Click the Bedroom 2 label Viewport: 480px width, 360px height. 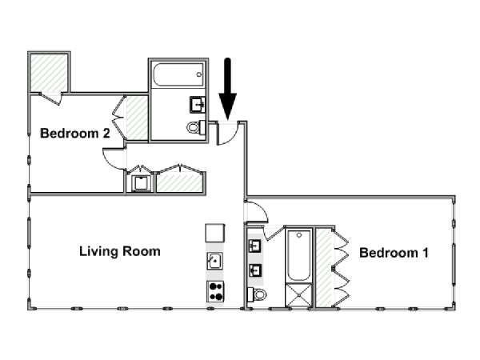(x=75, y=134)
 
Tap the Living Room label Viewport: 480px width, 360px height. (x=120, y=251)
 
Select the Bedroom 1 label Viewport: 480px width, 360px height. (x=394, y=253)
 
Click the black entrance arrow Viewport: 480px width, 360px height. (x=227, y=89)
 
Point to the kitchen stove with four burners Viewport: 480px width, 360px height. (x=215, y=291)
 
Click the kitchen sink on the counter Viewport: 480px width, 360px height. (x=215, y=261)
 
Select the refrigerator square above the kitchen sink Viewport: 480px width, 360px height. (x=215, y=234)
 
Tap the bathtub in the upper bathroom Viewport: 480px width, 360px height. (x=178, y=74)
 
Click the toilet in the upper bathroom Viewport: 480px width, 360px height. (x=196, y=127)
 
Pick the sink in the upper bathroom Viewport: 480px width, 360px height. (x=198, y=105)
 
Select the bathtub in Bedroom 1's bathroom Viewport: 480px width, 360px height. (x=298, y=256)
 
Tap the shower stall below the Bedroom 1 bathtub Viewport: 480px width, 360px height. (x=298, y=294)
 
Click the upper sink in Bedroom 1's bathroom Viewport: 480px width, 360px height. (x=254, y=246)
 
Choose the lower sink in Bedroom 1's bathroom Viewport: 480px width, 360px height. (x=254, y=270)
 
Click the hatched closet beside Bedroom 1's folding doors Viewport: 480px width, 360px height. (x=324, y=267)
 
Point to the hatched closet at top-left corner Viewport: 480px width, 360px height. (x=49, y=73)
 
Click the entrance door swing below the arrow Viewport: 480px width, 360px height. (x=228, y=133)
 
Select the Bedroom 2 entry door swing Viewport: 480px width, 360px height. (x=114, y=158)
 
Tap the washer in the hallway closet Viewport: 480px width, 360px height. (x=141, y=184)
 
